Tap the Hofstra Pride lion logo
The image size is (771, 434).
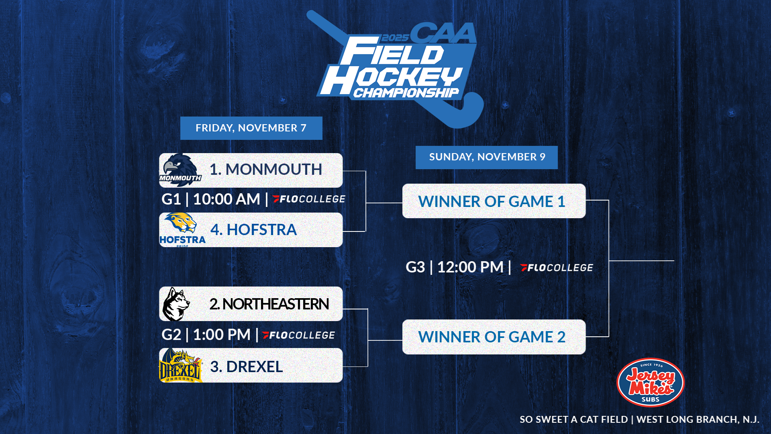(182, 229)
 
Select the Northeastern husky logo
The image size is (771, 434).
(176, 304)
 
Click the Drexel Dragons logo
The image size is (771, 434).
(180, 366)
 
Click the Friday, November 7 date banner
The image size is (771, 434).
(251, 128)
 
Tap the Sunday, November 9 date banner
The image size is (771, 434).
(486, 157)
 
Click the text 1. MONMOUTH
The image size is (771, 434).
(265, 170)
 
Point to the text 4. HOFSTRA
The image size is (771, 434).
(253, 230)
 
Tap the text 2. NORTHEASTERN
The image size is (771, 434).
(269, 304)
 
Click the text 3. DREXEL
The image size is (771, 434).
(246, 366)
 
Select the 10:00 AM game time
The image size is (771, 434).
(226, 199)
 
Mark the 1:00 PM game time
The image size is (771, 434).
(221, 335)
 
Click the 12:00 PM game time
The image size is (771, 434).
(470, 267)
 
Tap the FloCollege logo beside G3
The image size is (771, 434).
(557, 268)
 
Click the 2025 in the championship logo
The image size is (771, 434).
(395, 38)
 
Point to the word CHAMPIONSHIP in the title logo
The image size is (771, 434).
(406, 93)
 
